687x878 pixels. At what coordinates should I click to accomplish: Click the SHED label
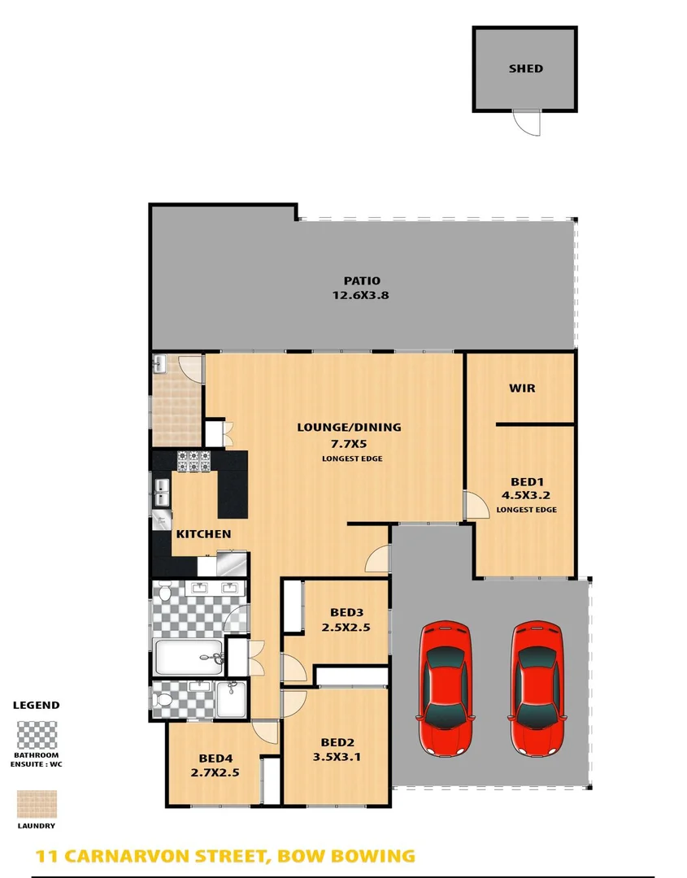[525, 69]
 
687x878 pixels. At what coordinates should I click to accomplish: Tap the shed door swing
[526, 123]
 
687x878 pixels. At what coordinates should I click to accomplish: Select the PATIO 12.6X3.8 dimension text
[360, 296]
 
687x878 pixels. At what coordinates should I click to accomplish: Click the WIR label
[522, 388]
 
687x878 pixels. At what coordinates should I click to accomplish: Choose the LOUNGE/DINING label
[349, 427]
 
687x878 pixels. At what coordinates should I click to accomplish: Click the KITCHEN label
[203, 534]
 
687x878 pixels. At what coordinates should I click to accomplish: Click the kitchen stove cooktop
[194, 462]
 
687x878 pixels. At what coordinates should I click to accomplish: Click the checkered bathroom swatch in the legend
[37, 735]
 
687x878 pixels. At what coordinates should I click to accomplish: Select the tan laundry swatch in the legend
[37, 804]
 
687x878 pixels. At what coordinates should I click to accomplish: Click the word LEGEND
[36, 705]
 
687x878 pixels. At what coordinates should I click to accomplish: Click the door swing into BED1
[471, 505]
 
